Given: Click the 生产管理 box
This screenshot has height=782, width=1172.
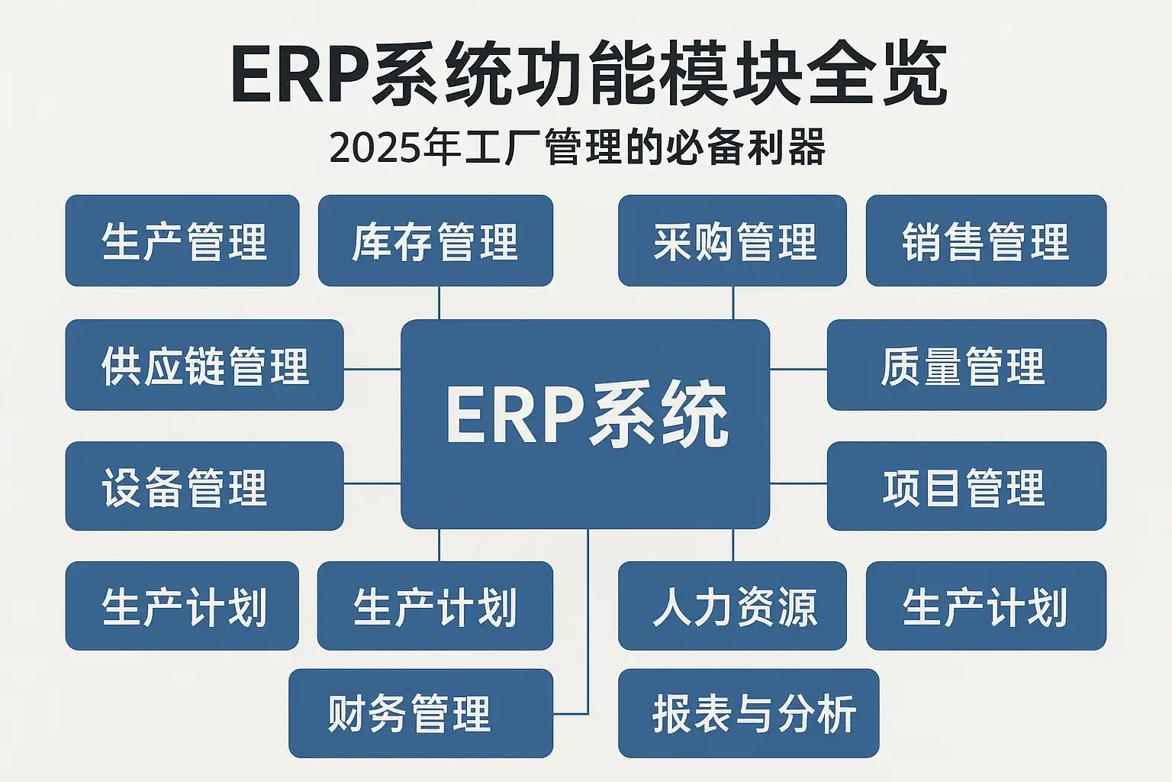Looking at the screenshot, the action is coord(182,241).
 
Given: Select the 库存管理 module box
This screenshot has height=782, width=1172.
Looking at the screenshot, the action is coord(436,241).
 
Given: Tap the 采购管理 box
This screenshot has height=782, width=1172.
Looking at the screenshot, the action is coord(732,241).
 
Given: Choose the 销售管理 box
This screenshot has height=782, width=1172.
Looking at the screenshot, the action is coord(986,241).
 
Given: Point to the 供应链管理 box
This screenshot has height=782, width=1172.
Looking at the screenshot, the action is coord(204,364).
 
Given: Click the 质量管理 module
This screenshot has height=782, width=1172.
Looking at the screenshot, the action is coord(967,364).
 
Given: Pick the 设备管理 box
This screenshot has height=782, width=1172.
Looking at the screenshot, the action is coord(204,486).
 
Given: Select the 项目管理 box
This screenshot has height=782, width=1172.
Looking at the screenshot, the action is coord(967,486).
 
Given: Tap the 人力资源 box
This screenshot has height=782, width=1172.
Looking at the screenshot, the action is coord(732,606).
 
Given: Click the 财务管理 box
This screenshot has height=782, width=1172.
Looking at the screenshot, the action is coord(420,713).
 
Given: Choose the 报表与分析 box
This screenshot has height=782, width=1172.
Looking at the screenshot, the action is coord(749,713).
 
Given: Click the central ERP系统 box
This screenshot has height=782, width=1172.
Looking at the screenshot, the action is coord(585,424).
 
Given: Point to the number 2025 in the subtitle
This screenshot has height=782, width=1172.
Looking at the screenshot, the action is coord(375,148).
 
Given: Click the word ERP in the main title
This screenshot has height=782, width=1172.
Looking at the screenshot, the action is coord(300,74).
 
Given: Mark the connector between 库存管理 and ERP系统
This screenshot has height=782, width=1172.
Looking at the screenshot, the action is coord(439,302).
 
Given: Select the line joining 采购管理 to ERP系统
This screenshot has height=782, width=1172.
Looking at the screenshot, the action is coord(733,302).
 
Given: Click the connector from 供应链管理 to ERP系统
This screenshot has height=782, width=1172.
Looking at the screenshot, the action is coord(372,370).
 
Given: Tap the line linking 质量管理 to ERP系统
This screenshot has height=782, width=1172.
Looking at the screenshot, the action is coord(798,370).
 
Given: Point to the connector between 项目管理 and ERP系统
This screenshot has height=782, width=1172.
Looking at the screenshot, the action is coord(798,483).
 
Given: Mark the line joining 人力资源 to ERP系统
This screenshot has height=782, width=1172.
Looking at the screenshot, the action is coord(733,545).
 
